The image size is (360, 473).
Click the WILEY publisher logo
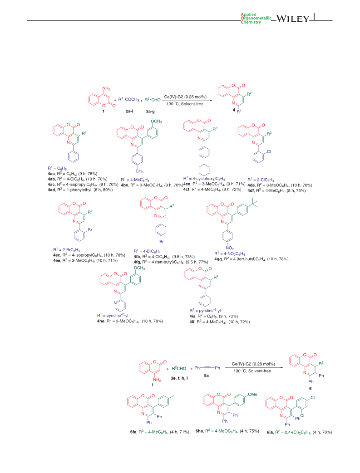(x=293, y=19)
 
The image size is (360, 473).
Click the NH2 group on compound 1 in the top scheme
(x=106, y=89)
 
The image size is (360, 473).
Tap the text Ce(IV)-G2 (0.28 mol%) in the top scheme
(x=185, y=97)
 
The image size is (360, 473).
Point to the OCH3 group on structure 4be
(x=156, y=121)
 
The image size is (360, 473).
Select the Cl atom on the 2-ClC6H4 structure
(x=269, y=151)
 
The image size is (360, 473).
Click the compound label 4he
(x=101, y=321)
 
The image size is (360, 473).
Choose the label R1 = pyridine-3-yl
(x=205, y=310)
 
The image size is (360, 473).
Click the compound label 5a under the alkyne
(x=206, y=375)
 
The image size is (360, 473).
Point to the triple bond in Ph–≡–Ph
(x=207, y=368)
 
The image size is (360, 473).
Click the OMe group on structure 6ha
(x=252, y=394)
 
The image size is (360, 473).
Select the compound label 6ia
(x=270, y=432)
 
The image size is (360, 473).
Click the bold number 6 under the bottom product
(x=310, y=389)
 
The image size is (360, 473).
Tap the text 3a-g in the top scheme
(x=150, y=111)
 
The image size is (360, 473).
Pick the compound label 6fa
(x=133, y=432)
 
